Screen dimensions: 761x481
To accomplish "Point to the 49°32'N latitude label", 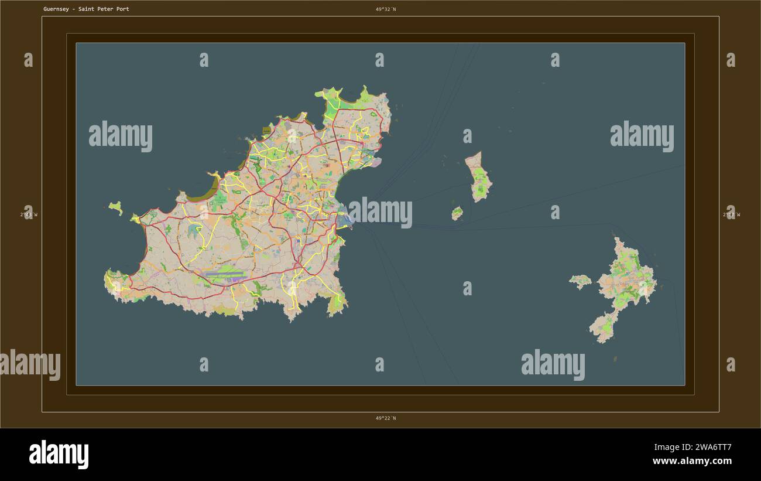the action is (386, 9).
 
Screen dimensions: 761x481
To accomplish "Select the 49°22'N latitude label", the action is (386, 418).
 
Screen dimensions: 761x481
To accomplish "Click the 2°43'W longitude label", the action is (28, 214).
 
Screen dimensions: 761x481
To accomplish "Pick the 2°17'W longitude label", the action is (731, 214).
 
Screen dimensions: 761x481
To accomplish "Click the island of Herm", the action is (480, 177).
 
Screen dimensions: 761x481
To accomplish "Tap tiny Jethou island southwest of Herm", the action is (457, 213).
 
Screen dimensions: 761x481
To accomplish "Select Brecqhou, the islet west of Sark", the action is (581, 281).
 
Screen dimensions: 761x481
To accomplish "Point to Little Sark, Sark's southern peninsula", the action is (603, 327).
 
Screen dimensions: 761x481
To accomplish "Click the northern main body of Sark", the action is (628, 275).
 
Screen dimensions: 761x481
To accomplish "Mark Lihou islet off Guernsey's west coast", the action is (116, 207).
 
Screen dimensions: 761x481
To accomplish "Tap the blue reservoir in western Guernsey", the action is (194, 230).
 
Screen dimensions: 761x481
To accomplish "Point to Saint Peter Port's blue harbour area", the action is (345, 220).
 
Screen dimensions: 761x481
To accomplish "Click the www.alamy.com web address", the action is (692, 462).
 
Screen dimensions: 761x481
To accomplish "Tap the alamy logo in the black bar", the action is (59, 455).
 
